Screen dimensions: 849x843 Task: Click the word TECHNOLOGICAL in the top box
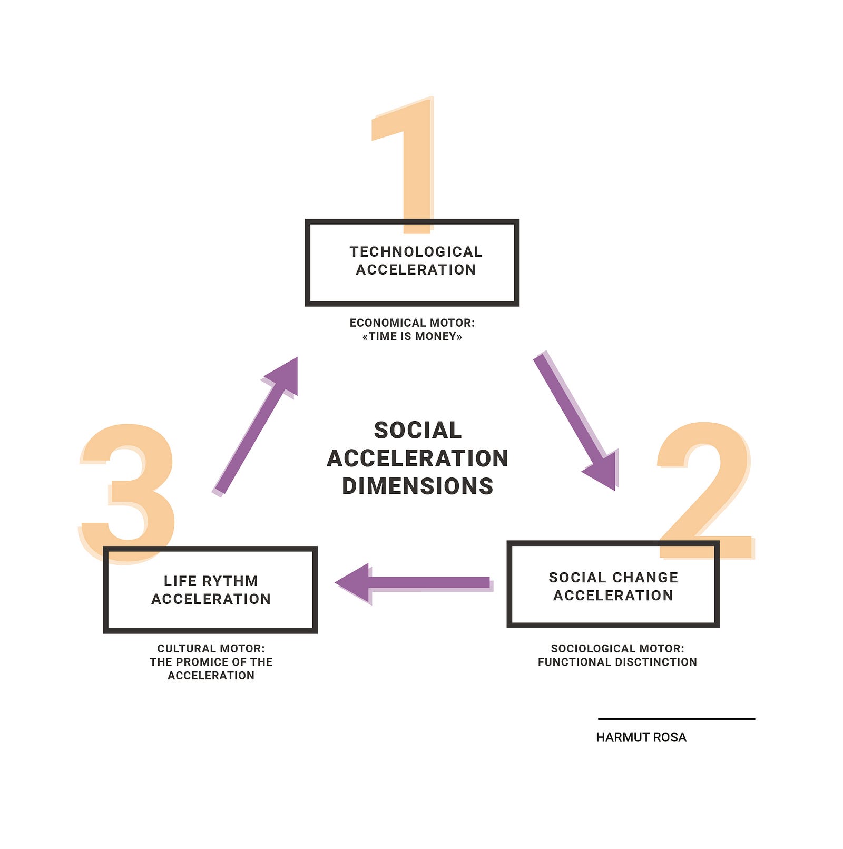pos(416,252)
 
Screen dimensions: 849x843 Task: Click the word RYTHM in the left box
pos(232,581)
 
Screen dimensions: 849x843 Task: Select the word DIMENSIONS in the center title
pos(417,486)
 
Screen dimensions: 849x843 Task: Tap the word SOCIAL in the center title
pos(417,430)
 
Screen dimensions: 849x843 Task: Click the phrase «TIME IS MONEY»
pos(412,337)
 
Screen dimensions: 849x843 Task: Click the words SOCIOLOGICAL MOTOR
pos(617,649)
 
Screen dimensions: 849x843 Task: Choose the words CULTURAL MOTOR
pos(211,649)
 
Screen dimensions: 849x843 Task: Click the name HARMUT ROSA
pos(641,737)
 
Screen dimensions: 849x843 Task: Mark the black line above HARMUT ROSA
pos(677,718)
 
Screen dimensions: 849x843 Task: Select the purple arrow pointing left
pos(414,583)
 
